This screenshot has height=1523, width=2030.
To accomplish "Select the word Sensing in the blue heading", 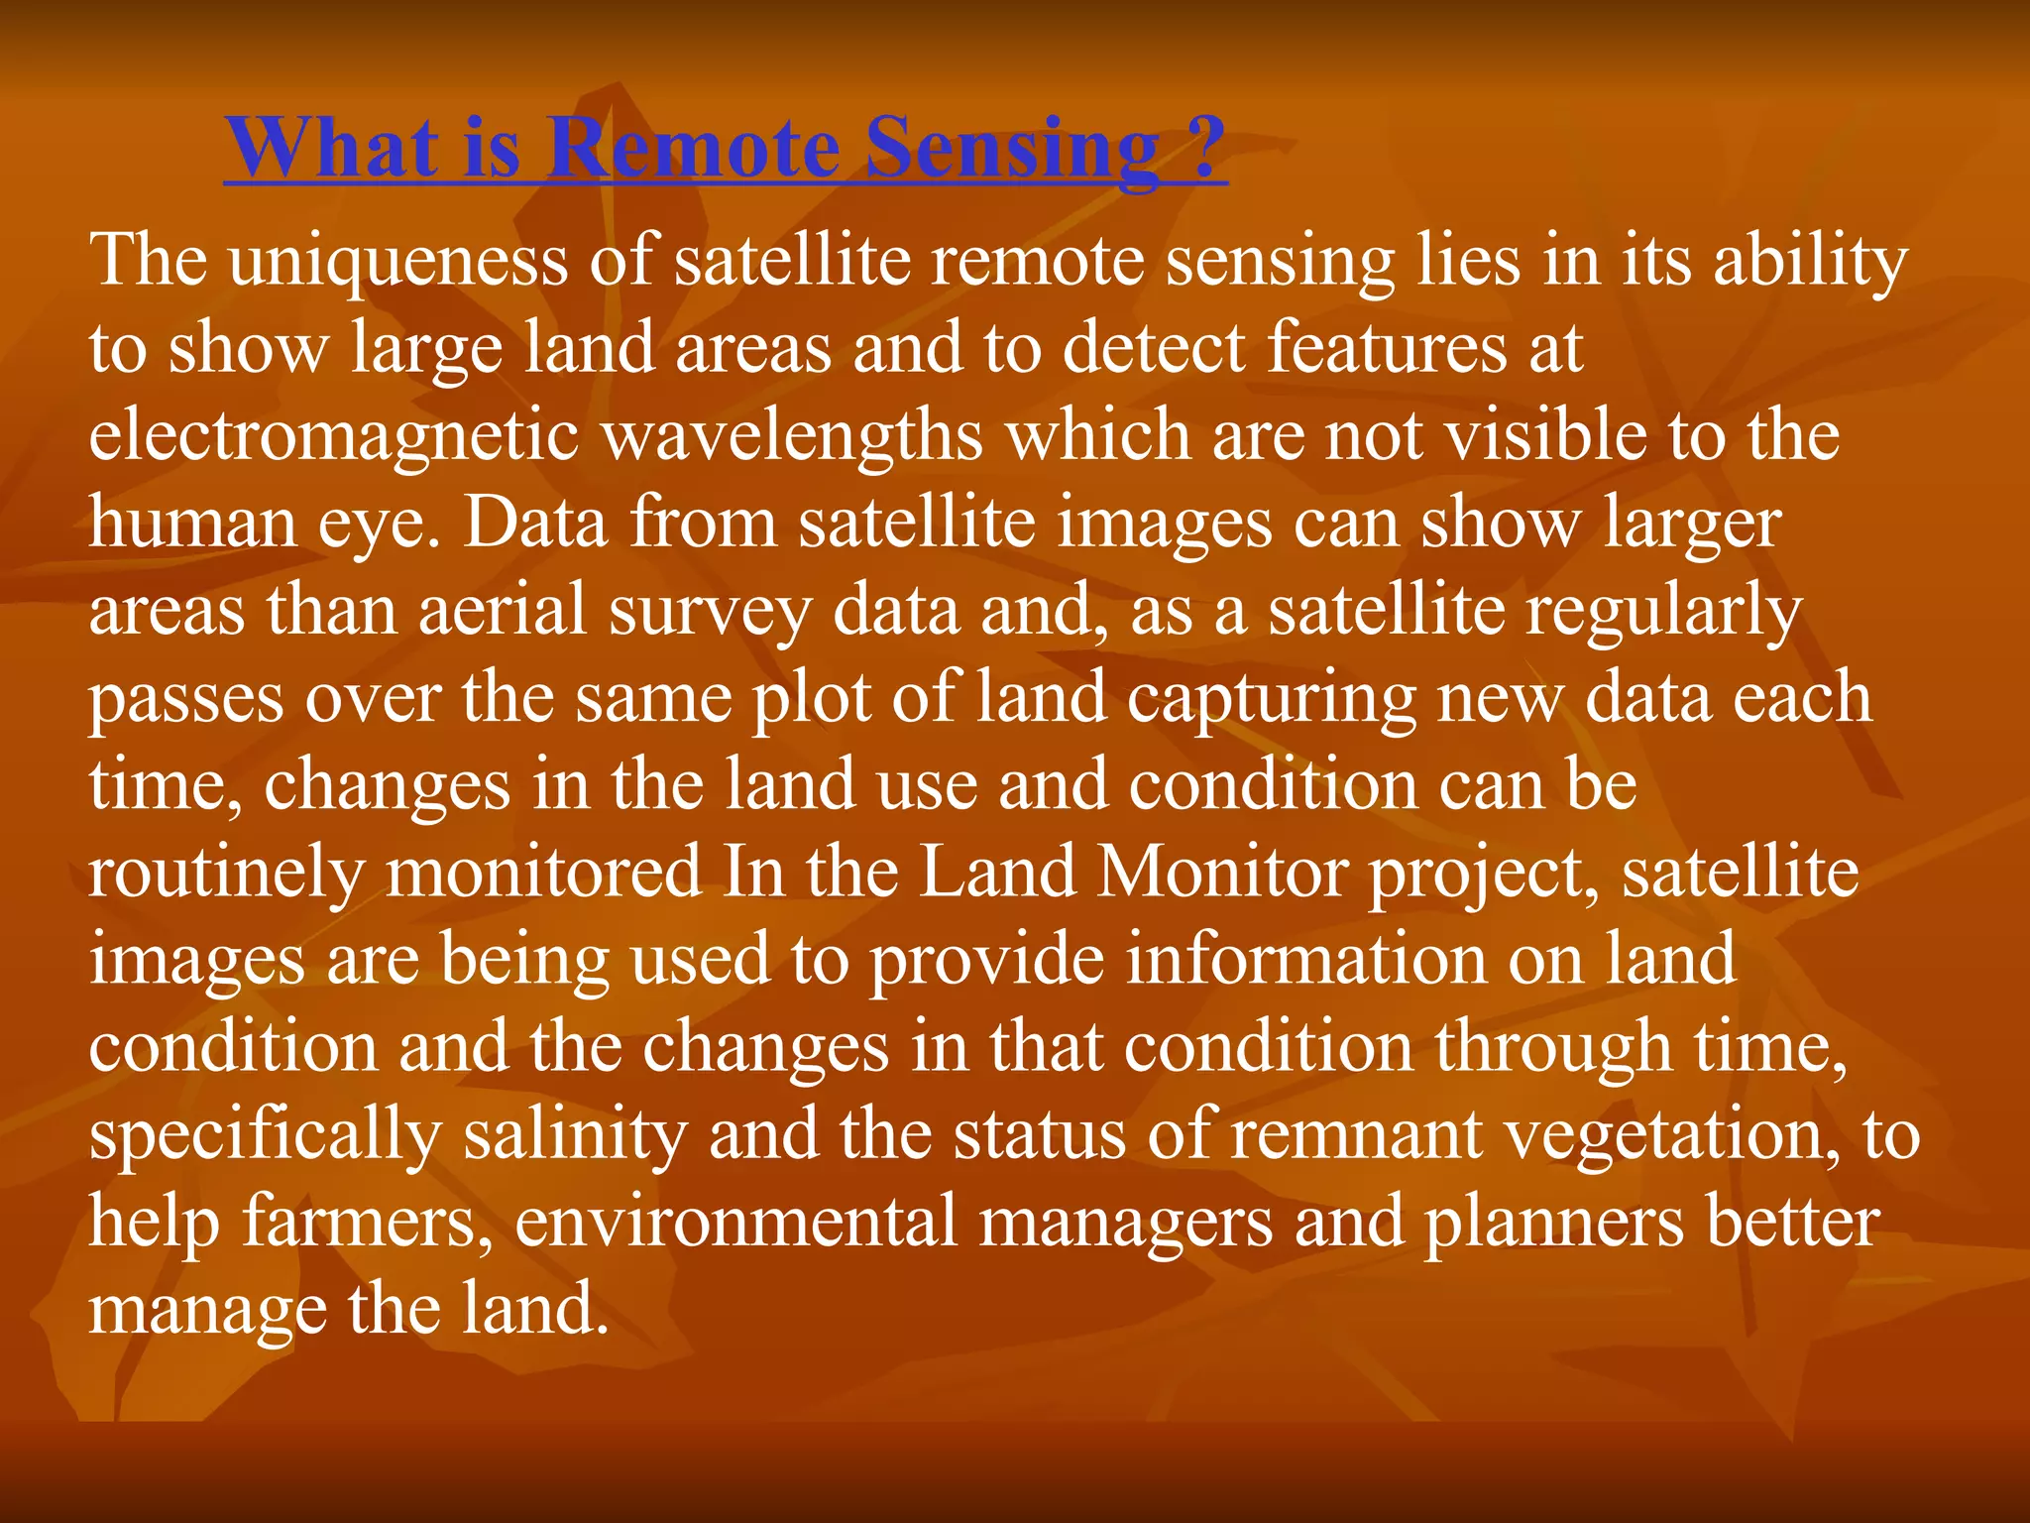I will [1012, 151].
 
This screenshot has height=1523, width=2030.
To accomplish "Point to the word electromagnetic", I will [334, 436].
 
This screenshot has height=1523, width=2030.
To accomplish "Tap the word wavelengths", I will [793, 436].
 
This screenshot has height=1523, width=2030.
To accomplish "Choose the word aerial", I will [504, 611].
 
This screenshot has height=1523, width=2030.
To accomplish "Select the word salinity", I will [575, 1136].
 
